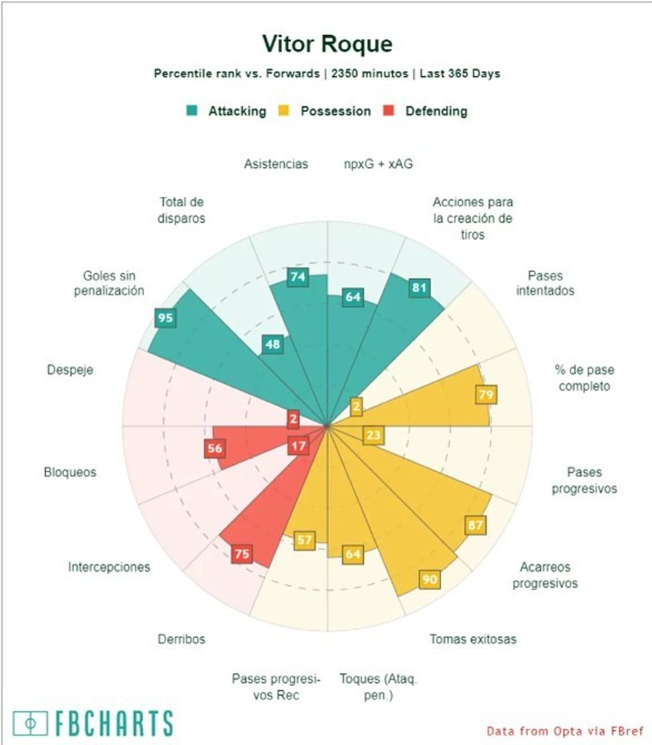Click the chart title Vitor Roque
[327, 44]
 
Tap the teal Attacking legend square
[192, 111]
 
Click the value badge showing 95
[165, 318]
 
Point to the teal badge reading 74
[298, 277]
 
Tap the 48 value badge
[271, 345]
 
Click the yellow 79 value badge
[486, 394]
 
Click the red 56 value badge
[214, 448]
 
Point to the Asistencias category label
[275, 164]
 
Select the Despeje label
[70, 370]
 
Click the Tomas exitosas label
[472, 639]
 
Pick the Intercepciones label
[109, 567]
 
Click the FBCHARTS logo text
[94, 723]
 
